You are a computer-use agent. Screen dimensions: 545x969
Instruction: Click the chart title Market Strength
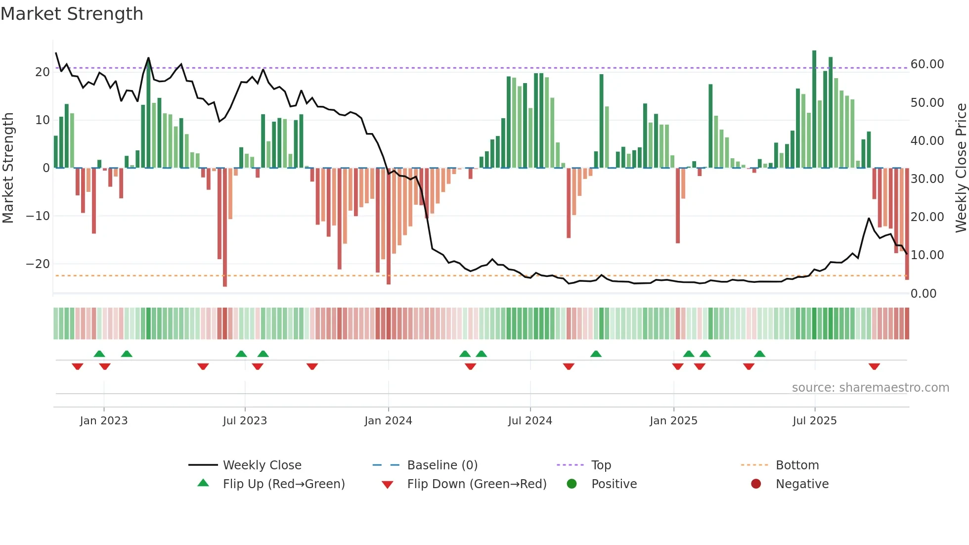pyautogui.click(x=72, y=14)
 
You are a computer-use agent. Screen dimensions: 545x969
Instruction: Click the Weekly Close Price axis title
pyautogui.click(x=961, y=168)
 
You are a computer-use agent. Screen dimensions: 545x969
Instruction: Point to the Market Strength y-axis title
pyautogui.click(x=8, y=168)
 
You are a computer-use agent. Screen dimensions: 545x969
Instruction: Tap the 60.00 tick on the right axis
pyautogui.click(x=927, y=64)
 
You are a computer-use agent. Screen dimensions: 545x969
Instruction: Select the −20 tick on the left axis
pyautogui.click(x=38, y=264)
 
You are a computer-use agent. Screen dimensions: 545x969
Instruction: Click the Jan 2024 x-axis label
pyautogui.click(x=388, y=421)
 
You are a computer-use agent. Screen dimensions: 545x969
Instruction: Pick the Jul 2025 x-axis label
pyautogui.click(x=814, y=421)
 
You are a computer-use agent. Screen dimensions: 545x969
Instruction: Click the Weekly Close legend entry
pyautogui.click(x=262, y=465)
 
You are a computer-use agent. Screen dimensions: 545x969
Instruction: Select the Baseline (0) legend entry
pyautogui.click(x=442, y=465)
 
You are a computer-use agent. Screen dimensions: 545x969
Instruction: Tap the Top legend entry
pyautogui.click(x=601, y=465)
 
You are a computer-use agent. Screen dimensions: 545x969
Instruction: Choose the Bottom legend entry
pyautogui.click(x=797, y=465)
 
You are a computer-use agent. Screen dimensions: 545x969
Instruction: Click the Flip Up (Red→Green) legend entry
pyautogui.click(x=283, y=484)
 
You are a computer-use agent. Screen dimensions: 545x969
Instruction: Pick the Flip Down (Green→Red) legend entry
pyautogui.click(x=477, y=484)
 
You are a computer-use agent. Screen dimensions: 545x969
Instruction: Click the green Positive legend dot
pyautogui.click(x=572, y=484)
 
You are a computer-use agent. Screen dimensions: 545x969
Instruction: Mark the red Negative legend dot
pyautogui.click(x=756, y=484)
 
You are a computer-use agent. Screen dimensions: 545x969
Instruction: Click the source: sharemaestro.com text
pyautogui.click(x=870, y=388)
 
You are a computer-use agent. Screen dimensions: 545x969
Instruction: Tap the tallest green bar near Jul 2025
pyautogui.click(x=814, y=109)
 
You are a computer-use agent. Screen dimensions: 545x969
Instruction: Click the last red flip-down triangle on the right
pyautogui.click(x=874, y=366)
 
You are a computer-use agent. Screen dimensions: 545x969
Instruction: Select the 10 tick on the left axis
pyautogui.click(x=43, y=120)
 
